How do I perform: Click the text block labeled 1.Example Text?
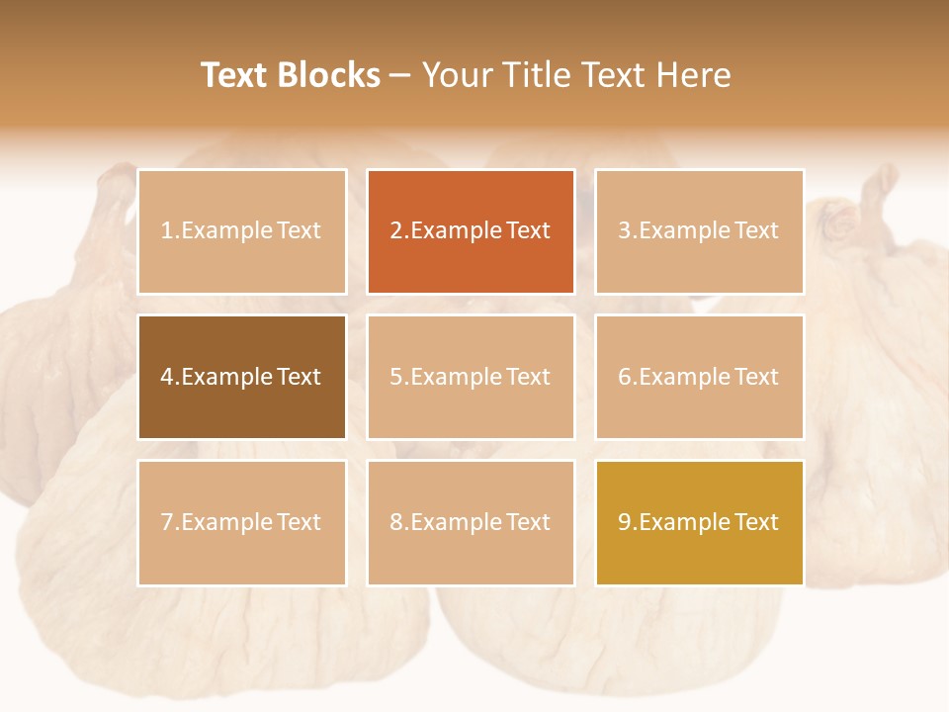pos(241,231)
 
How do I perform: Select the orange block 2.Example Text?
pos(471,231)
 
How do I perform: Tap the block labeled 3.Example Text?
pos(699,231)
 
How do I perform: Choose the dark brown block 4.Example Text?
pos(241,377)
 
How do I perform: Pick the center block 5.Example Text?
pos(471,377)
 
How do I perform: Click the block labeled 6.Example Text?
pos(699,377)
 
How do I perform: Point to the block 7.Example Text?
pos(241,522)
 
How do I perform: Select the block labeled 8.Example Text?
pos(471,522)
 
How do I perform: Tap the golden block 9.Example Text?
pos(699,522)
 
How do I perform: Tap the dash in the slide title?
pos(400,75)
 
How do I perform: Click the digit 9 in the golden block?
pos(625,522)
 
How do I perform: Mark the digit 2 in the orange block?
pos(396,231)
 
